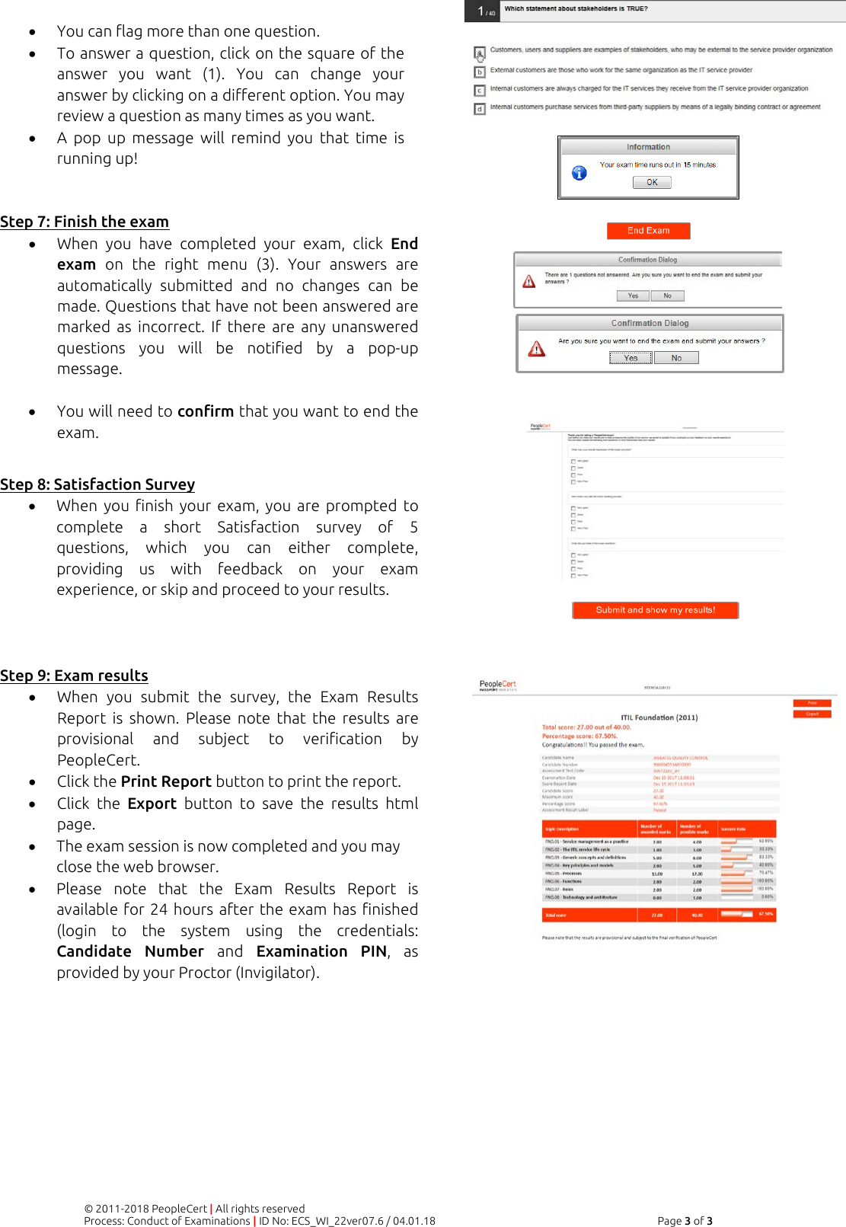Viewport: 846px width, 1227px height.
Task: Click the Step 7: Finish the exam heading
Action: click(85, 222)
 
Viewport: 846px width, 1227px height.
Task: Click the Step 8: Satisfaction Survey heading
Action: click(97, 484)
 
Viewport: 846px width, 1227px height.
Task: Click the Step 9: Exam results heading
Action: click(75, 676)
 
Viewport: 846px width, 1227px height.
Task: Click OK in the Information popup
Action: click(652, 182)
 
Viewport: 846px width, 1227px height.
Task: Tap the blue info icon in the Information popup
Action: click(579, 173)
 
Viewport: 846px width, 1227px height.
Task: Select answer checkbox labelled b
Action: click(480, 72)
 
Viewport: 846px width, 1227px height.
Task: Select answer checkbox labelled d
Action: click(480, 109)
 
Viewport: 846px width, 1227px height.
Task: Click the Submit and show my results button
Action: click(655, 610)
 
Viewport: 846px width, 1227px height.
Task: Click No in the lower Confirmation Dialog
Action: click(676, 358)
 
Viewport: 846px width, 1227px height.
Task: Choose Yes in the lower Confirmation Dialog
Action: click(631, 358)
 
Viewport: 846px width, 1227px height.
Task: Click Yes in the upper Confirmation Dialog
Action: click(633, 296)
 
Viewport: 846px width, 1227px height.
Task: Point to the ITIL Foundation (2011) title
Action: click(659, 717)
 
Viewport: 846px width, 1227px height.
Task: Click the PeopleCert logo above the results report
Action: click(497, 685)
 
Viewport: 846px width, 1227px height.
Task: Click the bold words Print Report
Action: click(166, 781)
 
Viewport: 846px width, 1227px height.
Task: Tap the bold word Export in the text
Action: click(152, 804)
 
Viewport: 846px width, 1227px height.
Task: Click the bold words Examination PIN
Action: click(321, 951)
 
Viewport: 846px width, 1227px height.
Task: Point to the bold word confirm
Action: click(206, 411)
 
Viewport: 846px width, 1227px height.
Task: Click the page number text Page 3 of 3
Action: click(685, 1220)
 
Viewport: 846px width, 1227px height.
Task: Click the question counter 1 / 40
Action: click(486, 11)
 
